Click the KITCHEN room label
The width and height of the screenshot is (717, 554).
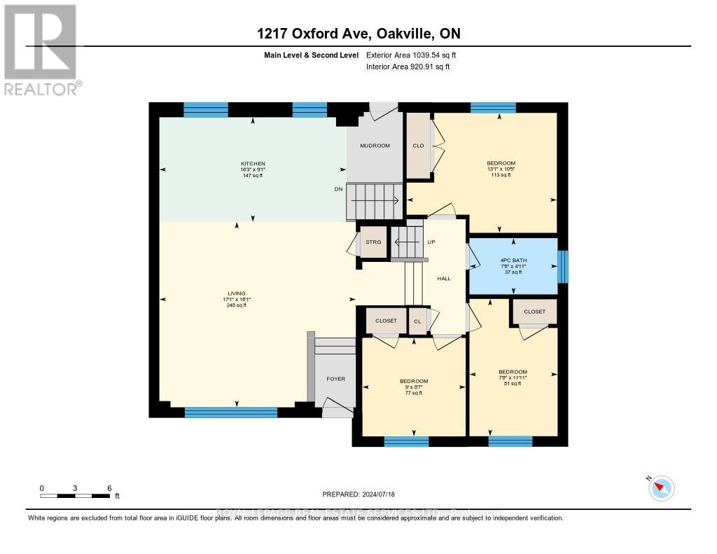pos(253,164)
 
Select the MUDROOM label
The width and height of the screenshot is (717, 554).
pos(375,146)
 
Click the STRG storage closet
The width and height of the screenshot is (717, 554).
pos(373,242)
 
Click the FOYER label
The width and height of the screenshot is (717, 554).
pos(336,379)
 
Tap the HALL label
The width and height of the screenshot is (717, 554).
pos(444,279)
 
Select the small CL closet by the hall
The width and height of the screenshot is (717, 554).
pos(418,321)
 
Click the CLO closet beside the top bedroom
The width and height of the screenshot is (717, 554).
pos(418,146)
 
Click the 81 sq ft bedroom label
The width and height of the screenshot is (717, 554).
pos(513,377)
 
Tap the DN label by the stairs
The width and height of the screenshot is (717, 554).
pos(338,189)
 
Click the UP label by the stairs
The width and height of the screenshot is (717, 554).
pos(431,242)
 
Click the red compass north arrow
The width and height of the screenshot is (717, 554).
pos(660,488)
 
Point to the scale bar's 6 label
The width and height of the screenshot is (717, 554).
pos(109,487)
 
